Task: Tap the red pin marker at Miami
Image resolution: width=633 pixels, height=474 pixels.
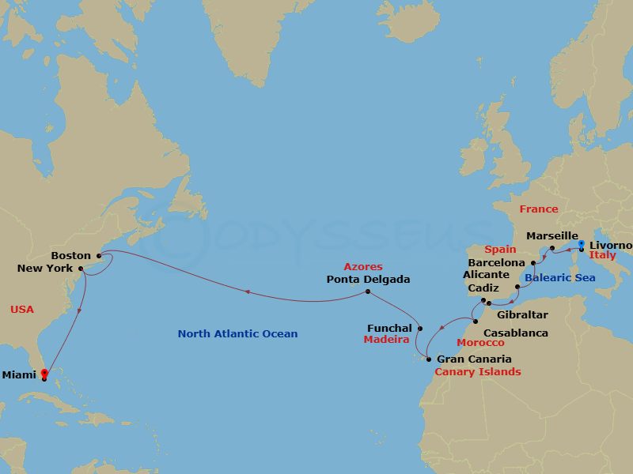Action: pos(44,373)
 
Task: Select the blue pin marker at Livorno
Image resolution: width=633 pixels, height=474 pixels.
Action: pos(582,246)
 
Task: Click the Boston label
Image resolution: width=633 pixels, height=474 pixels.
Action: pos(70,255)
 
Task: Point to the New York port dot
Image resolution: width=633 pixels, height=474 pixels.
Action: pos(81,268)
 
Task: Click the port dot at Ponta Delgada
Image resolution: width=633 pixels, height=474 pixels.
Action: pos(368,292)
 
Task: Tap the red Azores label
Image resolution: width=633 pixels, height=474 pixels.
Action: pos(363,267)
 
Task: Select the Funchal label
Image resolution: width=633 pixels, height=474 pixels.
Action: pos(389,328)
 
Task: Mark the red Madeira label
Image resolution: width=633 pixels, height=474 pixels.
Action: pos(385,340)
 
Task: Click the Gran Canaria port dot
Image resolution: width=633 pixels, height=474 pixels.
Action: pos(428,359)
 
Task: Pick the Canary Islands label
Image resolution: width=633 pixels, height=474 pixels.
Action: pos(478,371)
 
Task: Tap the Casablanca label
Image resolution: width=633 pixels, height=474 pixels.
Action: pos(515,333)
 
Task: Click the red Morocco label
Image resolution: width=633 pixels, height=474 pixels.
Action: pos(480,343)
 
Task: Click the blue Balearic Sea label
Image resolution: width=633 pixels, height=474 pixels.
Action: pos(562,278)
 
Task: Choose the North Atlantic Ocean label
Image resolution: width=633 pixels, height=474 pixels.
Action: pos(237,333)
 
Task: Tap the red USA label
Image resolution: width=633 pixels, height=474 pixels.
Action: pos(22,309)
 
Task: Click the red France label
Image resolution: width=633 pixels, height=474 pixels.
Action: pos(538,209)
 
